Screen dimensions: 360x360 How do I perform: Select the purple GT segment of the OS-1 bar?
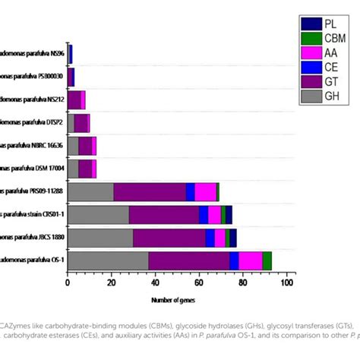pos(189,261)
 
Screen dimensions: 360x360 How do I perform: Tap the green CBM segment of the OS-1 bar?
pos(267,261)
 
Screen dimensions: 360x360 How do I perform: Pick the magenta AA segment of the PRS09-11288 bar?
pos(205,191)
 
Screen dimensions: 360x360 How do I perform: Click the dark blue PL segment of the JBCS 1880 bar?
pos(233,238)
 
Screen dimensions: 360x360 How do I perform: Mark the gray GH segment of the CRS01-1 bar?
pos(98,215)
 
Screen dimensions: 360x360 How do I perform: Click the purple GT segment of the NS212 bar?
pos(74,99)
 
